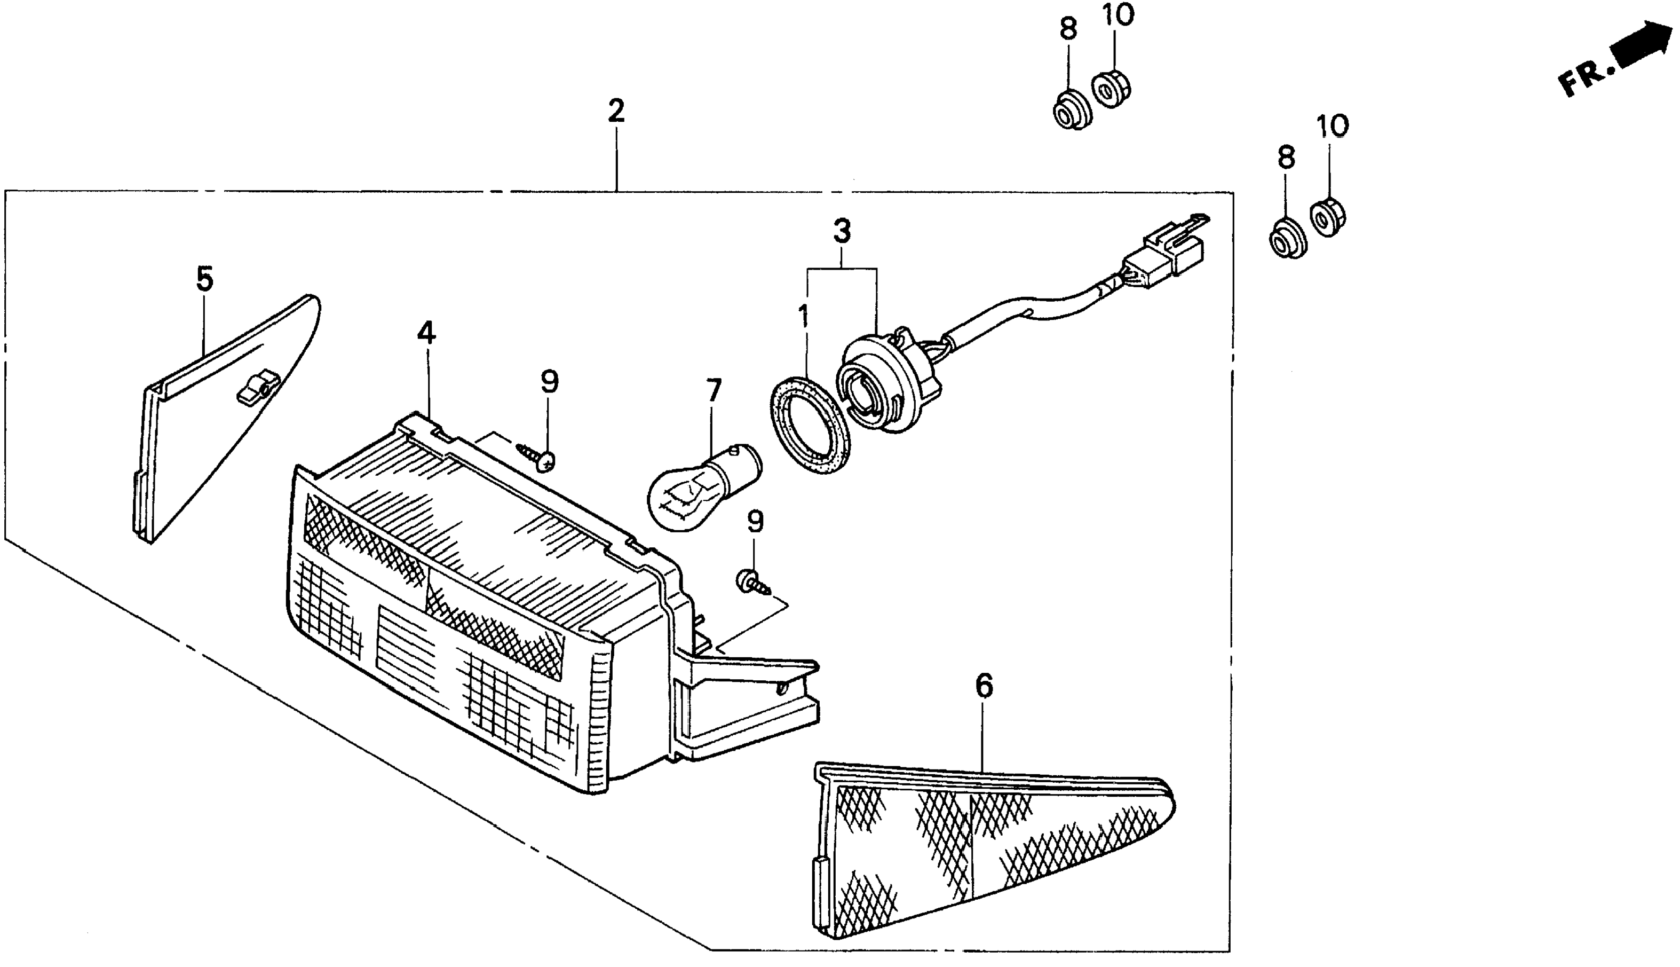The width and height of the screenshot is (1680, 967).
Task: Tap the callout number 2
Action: pos(616,111)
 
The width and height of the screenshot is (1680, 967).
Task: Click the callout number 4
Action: pos(426,332)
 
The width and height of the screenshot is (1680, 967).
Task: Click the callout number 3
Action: pos(842,232)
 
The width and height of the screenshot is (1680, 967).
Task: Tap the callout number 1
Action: pos(804,317)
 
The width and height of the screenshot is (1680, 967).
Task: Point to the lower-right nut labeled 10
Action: pos(1328,216)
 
